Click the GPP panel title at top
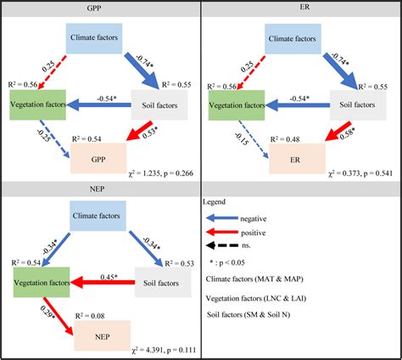pyautogui.click(x=100, y=7)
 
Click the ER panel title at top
pyautogui.click(x=303, y=7)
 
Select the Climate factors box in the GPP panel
pyautogui.click(x=96, y=40)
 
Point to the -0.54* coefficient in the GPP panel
pyautogui.click(x=106, y=98)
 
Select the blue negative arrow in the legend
pyautogui.click(x=223, y=218)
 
